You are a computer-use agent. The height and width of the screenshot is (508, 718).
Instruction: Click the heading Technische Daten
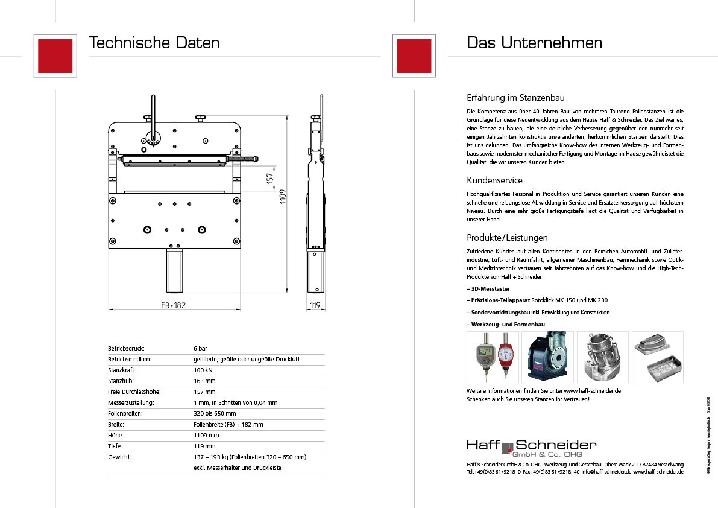154,43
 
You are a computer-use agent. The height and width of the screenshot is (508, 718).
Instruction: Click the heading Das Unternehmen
534,43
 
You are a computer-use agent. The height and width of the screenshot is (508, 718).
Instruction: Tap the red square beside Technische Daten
55,55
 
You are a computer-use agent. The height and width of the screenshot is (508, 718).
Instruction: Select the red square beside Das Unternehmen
414,55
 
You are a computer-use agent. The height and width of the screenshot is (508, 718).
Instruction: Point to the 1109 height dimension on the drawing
283,197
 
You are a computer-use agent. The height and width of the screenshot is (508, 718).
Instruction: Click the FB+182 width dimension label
173,305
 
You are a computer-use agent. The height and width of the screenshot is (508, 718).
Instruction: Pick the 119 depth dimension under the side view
314,305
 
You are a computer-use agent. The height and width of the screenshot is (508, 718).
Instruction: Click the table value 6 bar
200,349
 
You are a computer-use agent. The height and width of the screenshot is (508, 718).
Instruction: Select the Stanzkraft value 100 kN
203,370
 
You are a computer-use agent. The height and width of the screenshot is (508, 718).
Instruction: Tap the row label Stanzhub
121,381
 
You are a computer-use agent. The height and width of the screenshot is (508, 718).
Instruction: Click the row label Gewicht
119,457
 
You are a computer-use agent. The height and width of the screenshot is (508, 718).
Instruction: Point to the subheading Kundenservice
494,180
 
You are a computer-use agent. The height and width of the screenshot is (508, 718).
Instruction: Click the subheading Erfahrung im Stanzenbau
515,98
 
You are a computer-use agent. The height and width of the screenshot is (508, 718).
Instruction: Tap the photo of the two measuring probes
493,357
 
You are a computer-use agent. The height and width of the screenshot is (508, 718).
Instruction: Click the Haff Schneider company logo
531,448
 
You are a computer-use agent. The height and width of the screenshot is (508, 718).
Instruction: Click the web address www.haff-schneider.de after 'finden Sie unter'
593,390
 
